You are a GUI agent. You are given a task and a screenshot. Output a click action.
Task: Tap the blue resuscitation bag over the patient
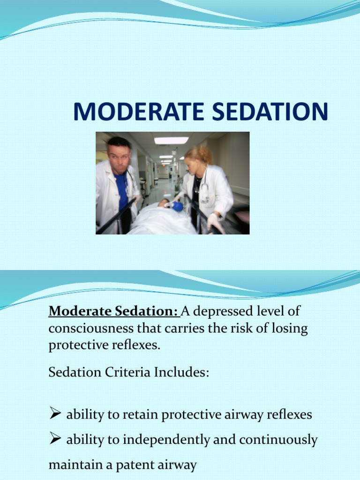[x=177, y=206]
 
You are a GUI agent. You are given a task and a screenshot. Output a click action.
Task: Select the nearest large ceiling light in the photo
[x=171, y=140]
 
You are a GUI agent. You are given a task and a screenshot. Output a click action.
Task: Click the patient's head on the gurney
[x=164, y=203]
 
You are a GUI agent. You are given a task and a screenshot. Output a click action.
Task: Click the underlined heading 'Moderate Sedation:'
[x=113, y=311]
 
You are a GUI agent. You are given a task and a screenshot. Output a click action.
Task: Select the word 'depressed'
[x=218, y=311]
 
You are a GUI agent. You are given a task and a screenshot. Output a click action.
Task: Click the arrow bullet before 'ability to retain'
[x=55, y=414]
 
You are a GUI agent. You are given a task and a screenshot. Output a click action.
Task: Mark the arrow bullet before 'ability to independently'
[x=55, y=440]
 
